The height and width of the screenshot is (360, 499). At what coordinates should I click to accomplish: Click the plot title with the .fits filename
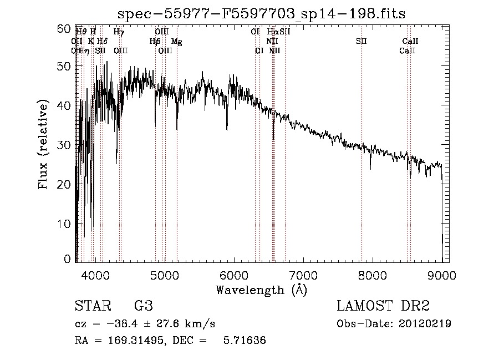coord(262,14)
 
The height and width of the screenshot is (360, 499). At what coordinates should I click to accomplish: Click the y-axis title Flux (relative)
coord(44,144)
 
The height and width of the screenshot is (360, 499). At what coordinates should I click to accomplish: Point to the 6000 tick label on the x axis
coord(234,274)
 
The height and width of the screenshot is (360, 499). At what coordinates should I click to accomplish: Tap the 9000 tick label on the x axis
coord(442,274)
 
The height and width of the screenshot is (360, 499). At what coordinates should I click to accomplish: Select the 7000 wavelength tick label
coord(303,274)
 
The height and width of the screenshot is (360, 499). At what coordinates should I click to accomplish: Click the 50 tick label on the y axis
coord(65,66)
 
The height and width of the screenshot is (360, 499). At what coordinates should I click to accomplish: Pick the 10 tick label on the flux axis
coord(65,223)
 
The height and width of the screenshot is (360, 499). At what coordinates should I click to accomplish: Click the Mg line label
coord(176,41)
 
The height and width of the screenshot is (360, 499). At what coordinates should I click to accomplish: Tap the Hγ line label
coord(119,32)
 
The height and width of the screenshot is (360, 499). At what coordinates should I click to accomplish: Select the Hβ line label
coord(155,41)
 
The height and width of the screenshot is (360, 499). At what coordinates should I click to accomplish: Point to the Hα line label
coord(272,32)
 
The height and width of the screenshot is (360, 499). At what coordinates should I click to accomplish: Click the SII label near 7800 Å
coord(361,41)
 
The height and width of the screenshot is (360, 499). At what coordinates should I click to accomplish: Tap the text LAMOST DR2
coord(383,306)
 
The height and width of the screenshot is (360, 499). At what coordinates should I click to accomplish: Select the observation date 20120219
coord(426,323)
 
